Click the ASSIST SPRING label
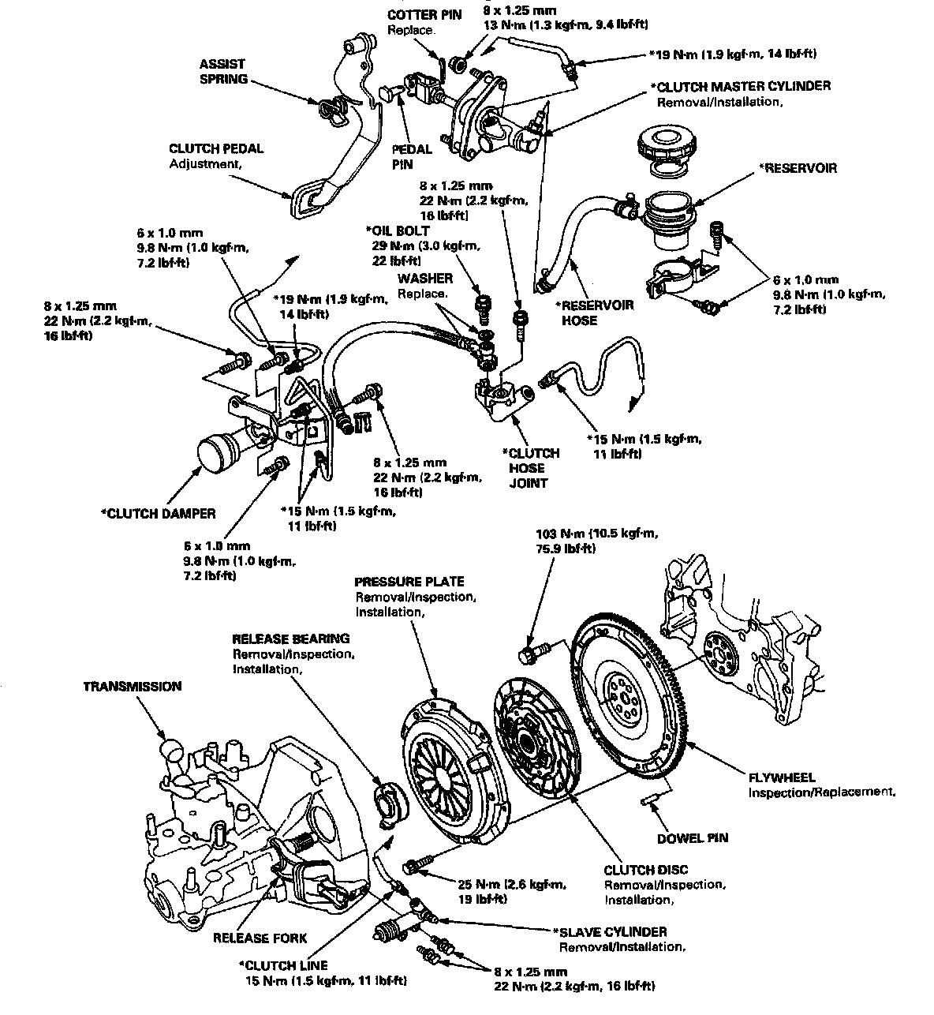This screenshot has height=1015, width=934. click(222, 71)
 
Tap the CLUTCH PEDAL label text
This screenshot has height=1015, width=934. click(215, 148)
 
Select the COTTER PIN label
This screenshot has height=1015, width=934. click(417, 16)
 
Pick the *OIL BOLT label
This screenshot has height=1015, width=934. click(398, 230)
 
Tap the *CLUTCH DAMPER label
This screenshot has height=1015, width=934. click(158, 513)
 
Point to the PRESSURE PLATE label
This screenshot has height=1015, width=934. click(409, 582)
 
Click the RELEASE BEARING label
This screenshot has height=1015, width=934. click(290, 639)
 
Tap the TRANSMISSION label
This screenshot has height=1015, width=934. click(133, 687)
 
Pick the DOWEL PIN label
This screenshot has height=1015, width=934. click(692, 838)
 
